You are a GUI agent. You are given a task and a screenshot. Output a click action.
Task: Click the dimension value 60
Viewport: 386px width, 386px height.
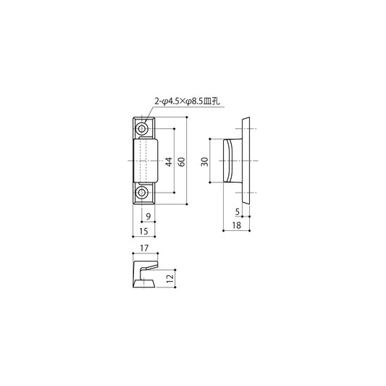(x=182, y=161)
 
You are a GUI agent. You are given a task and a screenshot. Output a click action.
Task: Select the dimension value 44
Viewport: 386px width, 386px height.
(x=169, y=161)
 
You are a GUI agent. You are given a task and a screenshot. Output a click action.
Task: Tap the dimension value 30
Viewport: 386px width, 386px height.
(x=204, y=161)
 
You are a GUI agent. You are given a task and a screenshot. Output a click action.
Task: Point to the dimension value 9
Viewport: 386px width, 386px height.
(x=148, y=217)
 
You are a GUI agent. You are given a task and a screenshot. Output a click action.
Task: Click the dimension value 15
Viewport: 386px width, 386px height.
(x=144, y=232)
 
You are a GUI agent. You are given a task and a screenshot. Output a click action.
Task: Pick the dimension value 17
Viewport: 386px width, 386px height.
(x=144, y=248)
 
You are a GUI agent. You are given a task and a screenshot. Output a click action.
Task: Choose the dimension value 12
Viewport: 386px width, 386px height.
(x=170, y=279)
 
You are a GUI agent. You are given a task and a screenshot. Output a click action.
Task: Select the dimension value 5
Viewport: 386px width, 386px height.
(x=238, y=211)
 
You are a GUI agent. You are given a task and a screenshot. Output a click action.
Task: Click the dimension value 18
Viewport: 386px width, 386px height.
(x=236, y=225)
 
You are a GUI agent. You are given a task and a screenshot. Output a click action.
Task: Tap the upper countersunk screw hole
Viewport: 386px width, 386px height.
(x=141, y=128)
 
